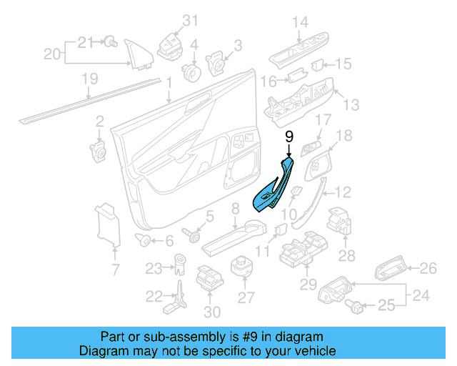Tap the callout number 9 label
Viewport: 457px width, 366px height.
click(x=288, y=137)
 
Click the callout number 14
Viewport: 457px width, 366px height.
click(x=299, y=22)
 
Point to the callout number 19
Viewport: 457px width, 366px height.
click(x=89, y=79)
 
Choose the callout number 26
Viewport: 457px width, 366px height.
click(x=427, y=268)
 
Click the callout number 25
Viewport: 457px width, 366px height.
click(x=386, y=307)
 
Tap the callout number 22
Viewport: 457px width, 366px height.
click(x=154, y=296)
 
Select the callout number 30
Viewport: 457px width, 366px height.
click(x=212, y=312)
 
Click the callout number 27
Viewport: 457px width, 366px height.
click(x=246, y=297)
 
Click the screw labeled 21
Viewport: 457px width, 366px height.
click(x=110, y=42)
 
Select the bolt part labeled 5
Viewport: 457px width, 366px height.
click(x=192, y=234)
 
